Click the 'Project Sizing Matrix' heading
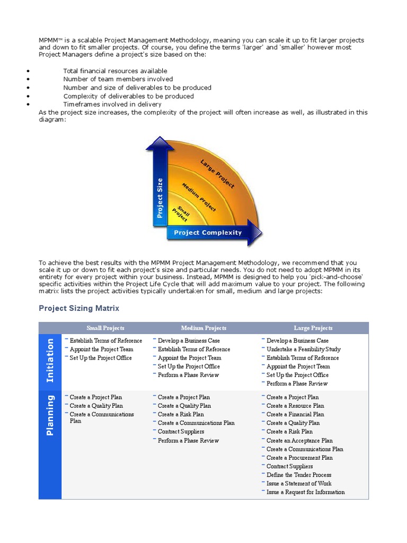pos(79,308)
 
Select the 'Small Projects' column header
pos(105,328)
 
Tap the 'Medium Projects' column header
pos(203,328)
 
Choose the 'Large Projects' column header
pos(313,328)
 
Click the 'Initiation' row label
pos(50,360)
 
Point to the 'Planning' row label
pos(50,415)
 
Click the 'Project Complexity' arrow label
pos(207,232)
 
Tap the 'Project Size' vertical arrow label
pos(160,198)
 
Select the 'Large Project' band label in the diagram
pos(217,173)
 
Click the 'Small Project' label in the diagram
pos(182,214)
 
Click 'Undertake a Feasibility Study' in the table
pos(303,349)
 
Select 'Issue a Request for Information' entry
pos(305,492)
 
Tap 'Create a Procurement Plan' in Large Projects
pos(299,458)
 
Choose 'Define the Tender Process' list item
pos(299,475)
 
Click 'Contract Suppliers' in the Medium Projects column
pos(181,432)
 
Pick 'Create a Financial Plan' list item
pos(295,415)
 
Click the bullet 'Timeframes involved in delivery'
pos(112,104)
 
